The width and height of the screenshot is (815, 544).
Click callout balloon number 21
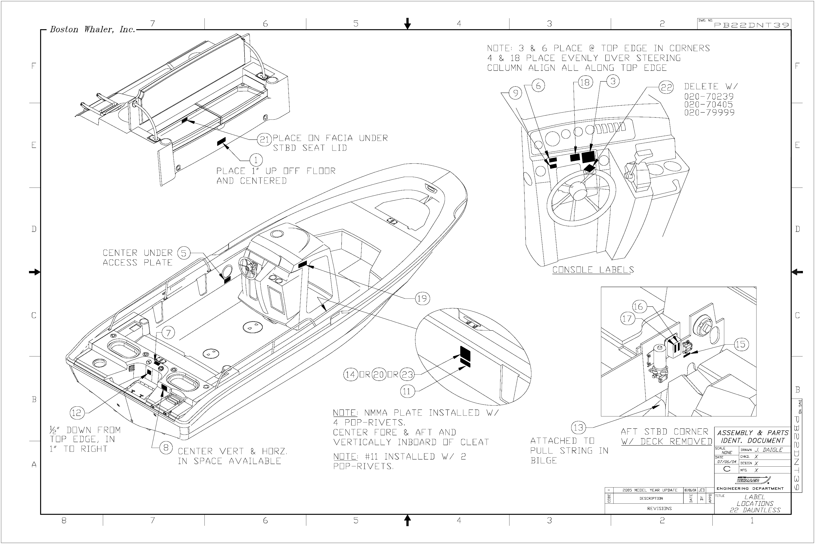265,139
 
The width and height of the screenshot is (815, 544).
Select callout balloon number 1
256,160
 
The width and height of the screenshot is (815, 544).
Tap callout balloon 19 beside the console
422,298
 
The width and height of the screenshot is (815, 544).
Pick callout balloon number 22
666,87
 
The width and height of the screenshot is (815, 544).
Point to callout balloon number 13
578,428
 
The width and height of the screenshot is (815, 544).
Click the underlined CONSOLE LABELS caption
593,269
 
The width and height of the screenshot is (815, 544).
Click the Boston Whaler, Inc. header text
92,29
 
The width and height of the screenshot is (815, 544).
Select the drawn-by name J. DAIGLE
769,450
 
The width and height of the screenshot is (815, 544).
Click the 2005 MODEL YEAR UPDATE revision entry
650,490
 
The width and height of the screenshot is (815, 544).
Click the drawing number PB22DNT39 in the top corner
751,25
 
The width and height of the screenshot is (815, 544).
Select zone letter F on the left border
34,66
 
